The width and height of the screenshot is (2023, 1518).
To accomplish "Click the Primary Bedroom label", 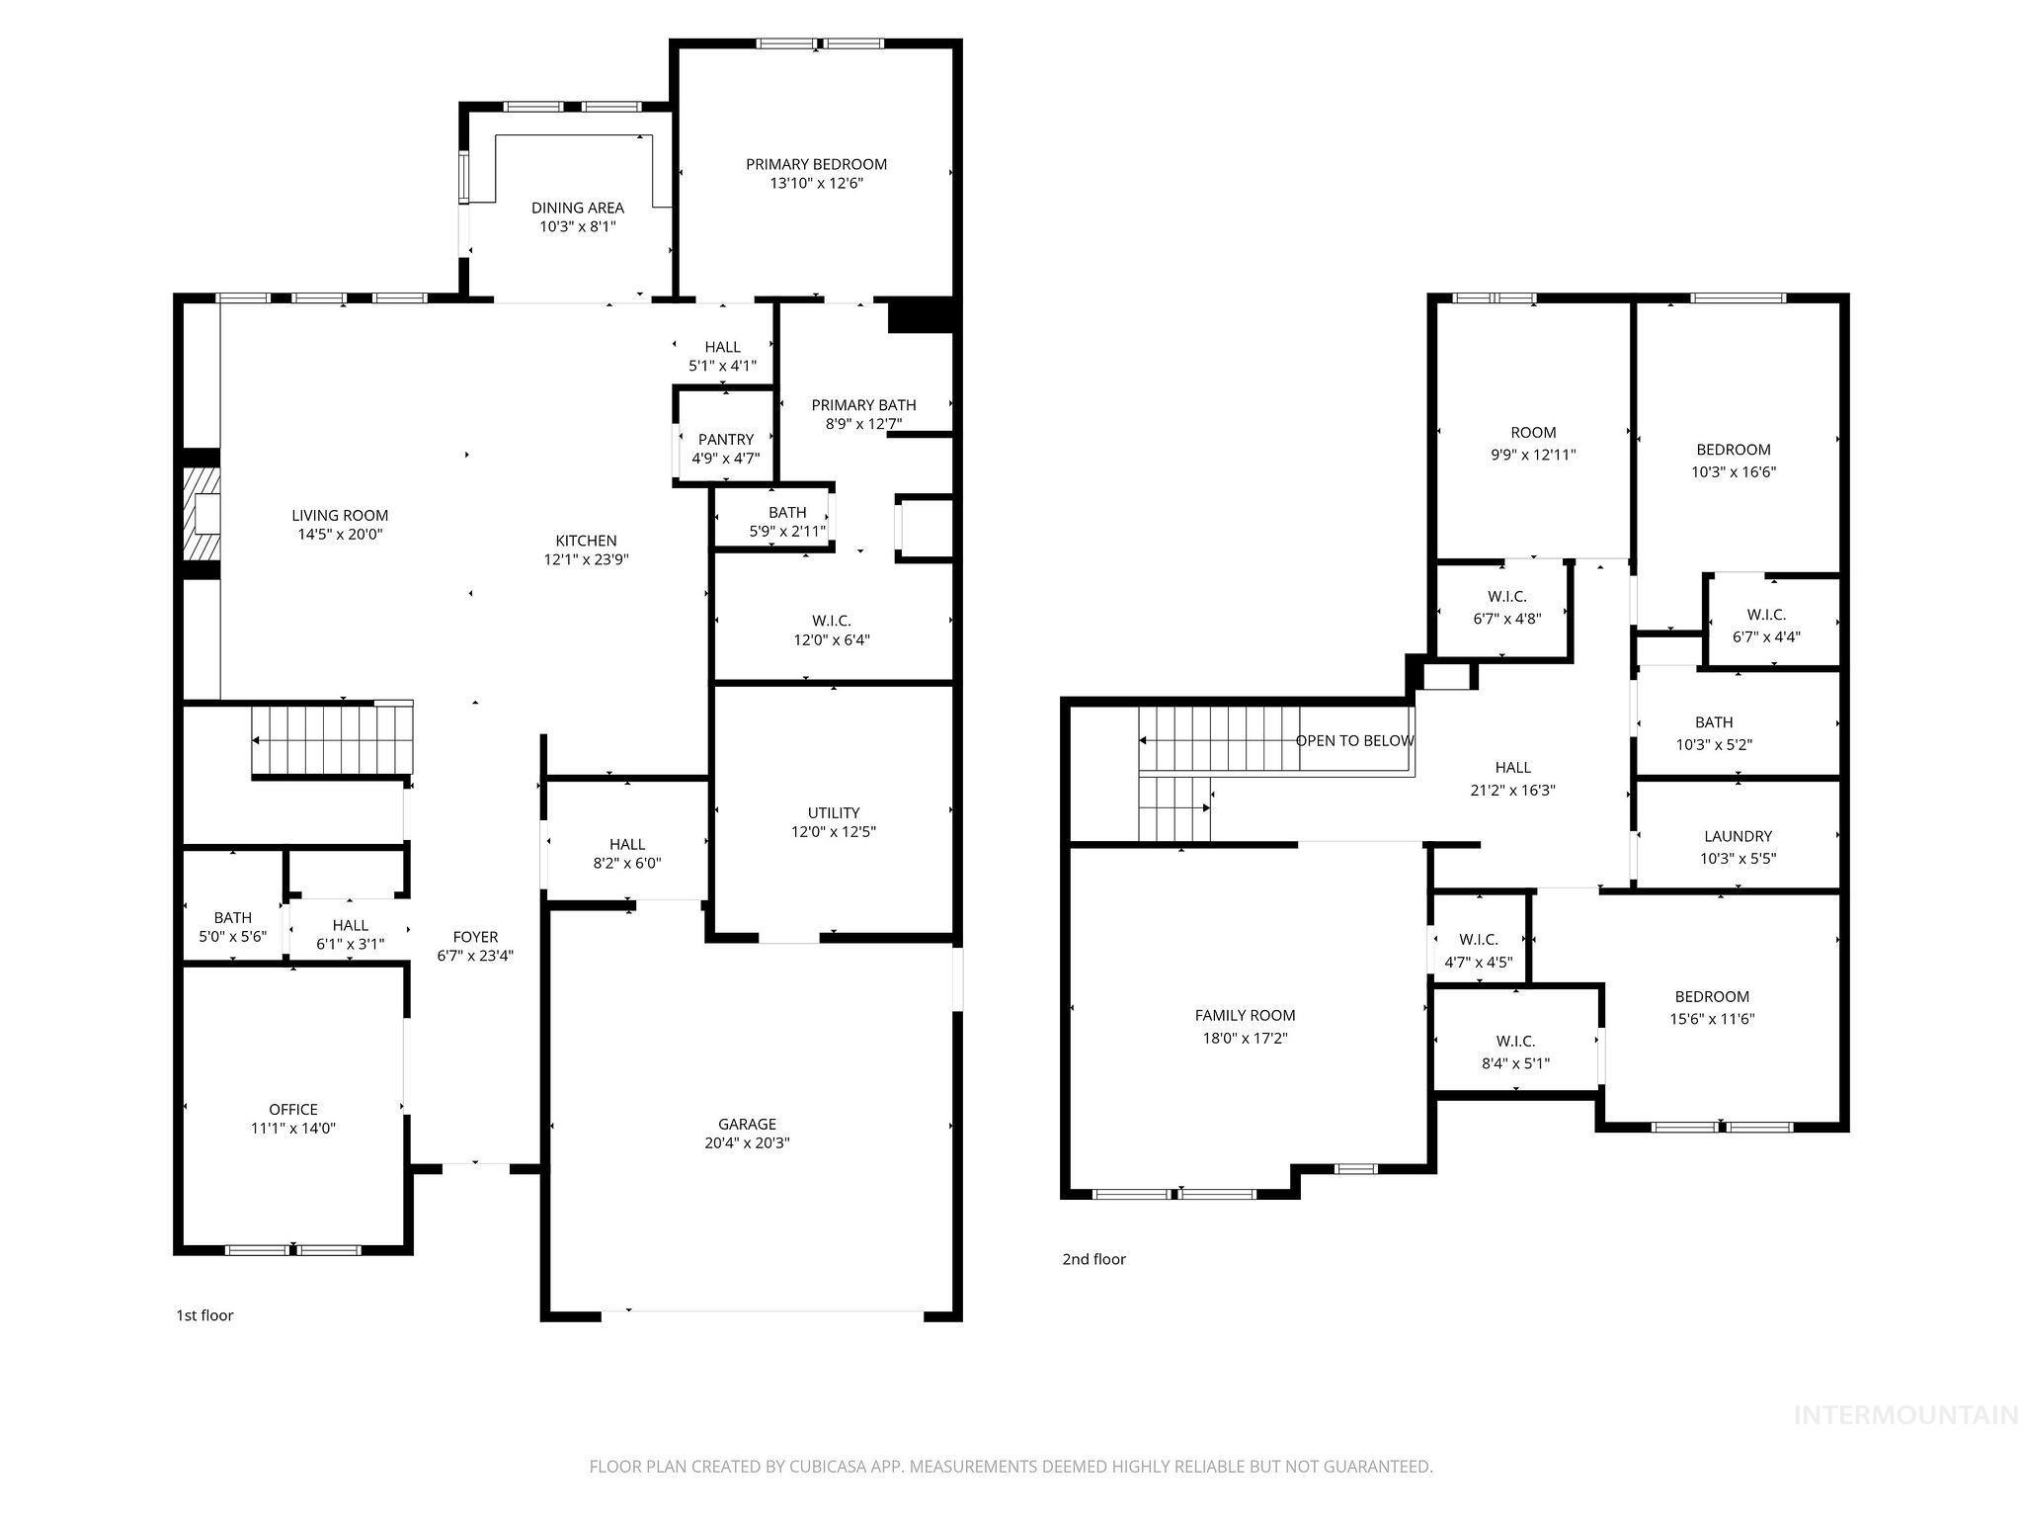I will click(816, 164).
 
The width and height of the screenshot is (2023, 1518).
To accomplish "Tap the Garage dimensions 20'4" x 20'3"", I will click(747, 1143).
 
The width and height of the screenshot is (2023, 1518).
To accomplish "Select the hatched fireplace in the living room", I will click(202, 514).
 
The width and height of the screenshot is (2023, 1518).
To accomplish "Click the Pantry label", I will click(725, 439).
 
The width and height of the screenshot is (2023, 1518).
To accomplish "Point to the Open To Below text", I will click(1354, 741).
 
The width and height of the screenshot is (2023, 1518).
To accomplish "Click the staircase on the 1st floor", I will click(331, 740).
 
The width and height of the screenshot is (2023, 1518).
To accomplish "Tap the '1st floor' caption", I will click(204, 1315).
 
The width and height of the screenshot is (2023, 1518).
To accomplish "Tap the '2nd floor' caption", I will click(1093, 1259).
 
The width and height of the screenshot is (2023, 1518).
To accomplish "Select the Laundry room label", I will click(1738, 836).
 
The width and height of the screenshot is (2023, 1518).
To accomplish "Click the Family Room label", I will click(1245, 1015).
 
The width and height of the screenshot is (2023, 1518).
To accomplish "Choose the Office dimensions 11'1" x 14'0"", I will click(293, 1129).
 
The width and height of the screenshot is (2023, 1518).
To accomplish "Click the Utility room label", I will click(834, 812).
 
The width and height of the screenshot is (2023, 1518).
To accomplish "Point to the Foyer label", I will click(475, 937).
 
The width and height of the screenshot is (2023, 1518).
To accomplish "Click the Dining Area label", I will click(577, 208).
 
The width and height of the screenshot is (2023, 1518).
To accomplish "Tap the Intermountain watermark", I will click(1905, 1416).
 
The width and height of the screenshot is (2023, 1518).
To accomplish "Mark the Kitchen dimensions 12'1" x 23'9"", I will click(586, 559).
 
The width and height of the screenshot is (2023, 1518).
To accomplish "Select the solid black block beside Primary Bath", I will click(921, 315).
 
